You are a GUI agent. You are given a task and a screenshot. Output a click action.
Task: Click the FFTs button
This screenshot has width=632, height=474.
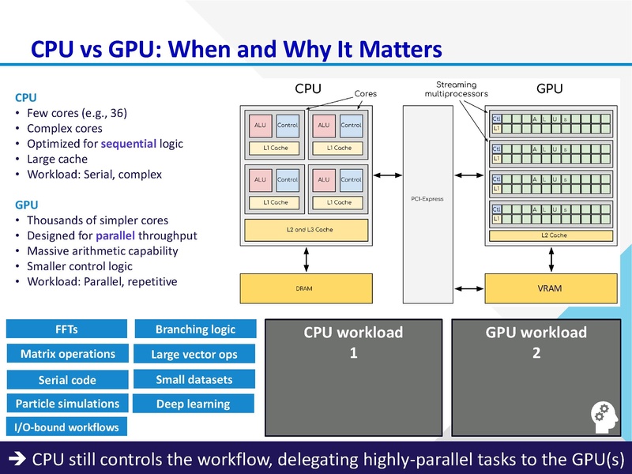67,329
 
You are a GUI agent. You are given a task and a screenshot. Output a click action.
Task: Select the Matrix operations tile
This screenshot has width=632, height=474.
67,354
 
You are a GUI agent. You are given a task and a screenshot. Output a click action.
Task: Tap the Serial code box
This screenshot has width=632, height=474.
67,379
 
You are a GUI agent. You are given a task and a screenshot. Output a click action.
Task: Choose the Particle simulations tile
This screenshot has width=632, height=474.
67,404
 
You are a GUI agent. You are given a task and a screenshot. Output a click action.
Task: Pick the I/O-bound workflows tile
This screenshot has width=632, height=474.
67,427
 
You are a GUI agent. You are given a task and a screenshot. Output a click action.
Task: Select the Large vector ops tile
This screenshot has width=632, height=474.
194,355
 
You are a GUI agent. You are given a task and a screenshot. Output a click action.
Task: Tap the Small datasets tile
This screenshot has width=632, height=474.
194,379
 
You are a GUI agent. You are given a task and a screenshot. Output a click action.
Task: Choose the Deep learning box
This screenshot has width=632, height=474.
194,404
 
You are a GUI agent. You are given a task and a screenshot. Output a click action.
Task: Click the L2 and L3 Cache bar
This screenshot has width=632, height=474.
307,230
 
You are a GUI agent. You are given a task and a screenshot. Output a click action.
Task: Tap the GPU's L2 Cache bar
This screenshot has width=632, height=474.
553,235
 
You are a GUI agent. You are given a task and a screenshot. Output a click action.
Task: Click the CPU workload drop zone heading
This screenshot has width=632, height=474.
353,333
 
